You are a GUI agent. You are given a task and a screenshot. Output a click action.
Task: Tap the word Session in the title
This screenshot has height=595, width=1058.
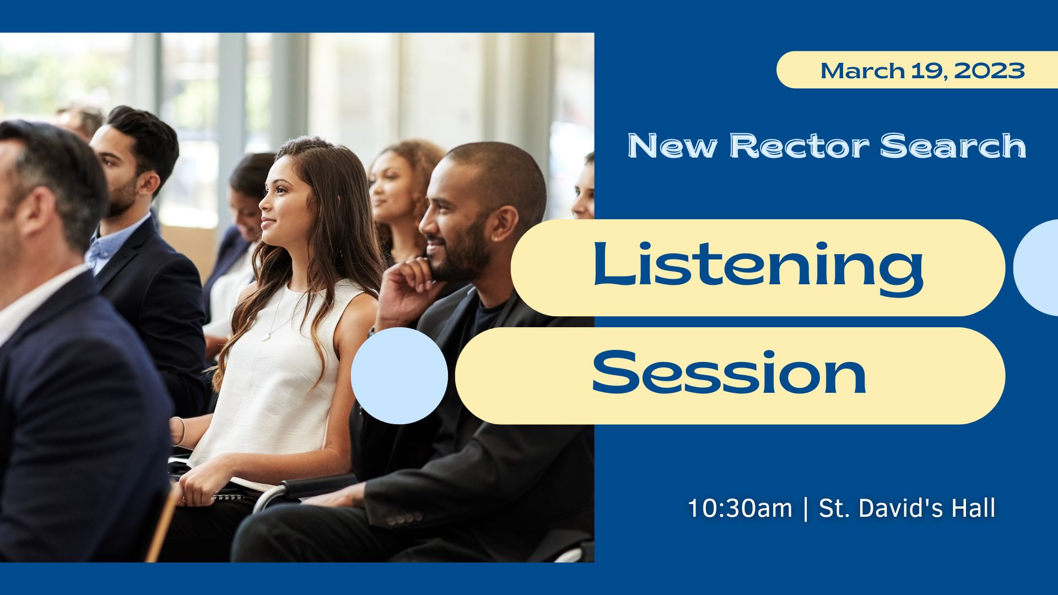click(x=729, y=372)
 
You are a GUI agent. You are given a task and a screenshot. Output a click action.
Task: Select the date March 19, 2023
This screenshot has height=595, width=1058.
click(x=922, y=71)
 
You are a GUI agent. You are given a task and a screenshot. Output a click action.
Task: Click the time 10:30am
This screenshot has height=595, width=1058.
click(x=739, y=508)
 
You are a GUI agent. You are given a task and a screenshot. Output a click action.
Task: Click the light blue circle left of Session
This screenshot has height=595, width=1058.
click(x=400, y=376)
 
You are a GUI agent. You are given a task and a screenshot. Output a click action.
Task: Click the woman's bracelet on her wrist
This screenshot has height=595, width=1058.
click(x=178, y=431)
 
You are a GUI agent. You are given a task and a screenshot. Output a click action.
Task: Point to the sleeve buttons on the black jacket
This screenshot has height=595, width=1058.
click(x=404, y=518)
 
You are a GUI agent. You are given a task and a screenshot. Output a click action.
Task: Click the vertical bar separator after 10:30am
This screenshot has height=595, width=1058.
click(x=806, y=509)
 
